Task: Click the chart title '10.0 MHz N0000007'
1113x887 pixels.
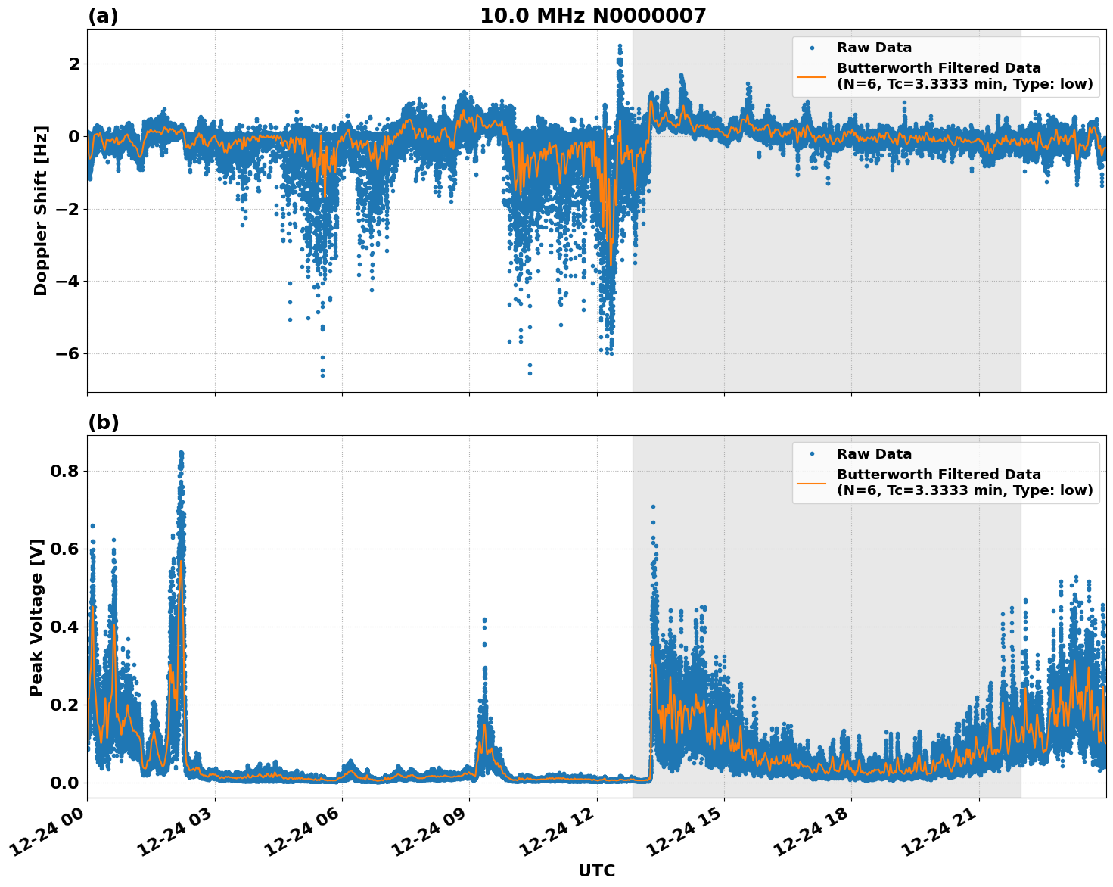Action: pyautogui.click(x=592, y=16)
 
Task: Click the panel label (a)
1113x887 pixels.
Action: pyautogui.click(x=103, y=16)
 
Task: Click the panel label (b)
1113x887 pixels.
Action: pyautogui.click(x=103, y=422)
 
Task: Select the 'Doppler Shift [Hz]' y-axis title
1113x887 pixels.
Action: pyautogui.click(x=41, y=210)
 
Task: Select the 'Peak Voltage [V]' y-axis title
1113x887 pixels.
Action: pyautogui.click(x=36, y=617)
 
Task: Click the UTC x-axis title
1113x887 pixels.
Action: pyautogui.click(x=596, y=870)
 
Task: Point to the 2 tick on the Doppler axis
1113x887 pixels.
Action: pyautogui.click(x=74, y=64)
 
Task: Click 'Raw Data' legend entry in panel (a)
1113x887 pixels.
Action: pyautogui.click(x=874, y=48)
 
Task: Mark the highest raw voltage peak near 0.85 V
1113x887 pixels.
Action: pyautogui.click(x=181, y=453)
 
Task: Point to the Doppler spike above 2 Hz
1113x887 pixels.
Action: pyautogui.click(x=620, y=47)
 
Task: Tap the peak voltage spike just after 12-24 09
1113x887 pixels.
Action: pyautogui.click(x=484, y=621)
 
